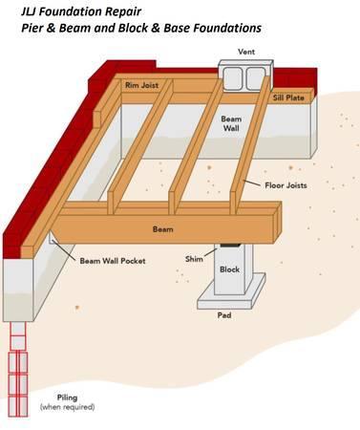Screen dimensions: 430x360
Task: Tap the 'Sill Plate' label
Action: coord(288,97)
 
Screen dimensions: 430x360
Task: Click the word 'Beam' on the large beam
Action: coord(163,229)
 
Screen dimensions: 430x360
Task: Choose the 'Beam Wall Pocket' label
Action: coord(112,260)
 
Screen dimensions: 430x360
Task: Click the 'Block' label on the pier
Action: coord(230,269)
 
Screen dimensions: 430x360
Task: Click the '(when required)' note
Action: coord(68,408)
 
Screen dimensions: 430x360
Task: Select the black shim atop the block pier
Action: coord(230,246)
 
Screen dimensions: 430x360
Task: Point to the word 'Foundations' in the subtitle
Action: coord(222,29)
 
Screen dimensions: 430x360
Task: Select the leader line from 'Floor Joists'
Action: coord(251,181)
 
